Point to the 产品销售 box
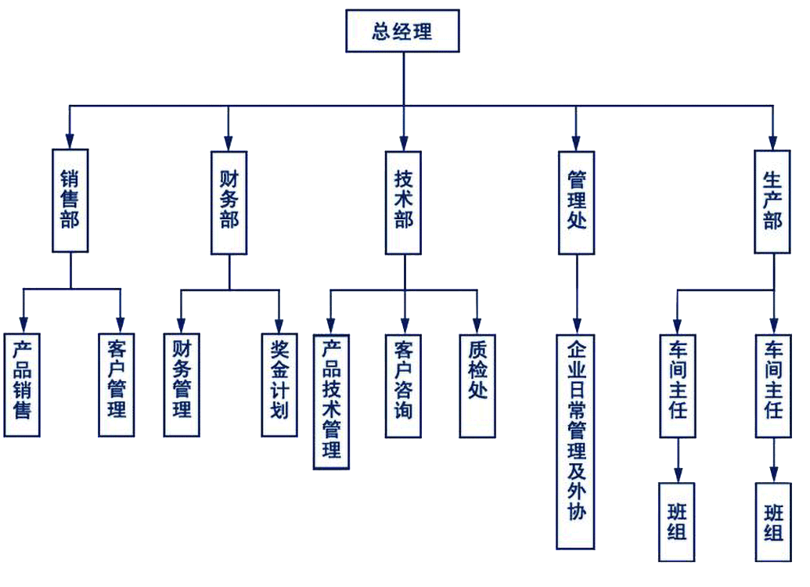[23, 385]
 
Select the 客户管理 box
[117, 385]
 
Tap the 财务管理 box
[182, 385]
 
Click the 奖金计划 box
[279, 385]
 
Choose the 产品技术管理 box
[331, 401]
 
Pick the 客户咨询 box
[404, 385]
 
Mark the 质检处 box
[477, 385]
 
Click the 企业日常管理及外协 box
[576, 441]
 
